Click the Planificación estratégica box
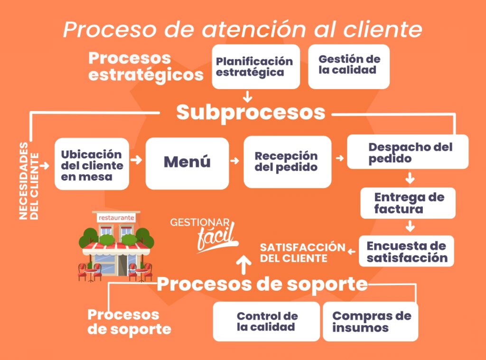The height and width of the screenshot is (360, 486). pyautogui.click(x=255, y=67)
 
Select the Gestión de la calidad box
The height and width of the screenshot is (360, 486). pyautogui.click(x=349, y=67)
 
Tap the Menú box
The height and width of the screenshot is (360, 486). pyautogui.click(x=187, y=163)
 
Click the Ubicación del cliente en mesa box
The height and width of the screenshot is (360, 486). pyautogui.click(x=92, y=164)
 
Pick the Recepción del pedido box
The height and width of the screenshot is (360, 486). pyautogui.click(x=287, y=162)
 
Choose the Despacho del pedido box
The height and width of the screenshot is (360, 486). pyautogui.click(x=407, y=152)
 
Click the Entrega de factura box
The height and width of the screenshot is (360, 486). pyautogui.click(x=408, y=203)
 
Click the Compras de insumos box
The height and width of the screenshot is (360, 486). pyautogui.click(x=370, y=321)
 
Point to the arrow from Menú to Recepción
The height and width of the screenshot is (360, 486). pyautogui.click(x=234, y=161)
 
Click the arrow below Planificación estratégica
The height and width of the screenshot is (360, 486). pyautogui.click(x=247, y=96)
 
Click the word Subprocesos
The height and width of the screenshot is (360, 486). pyautogui.click(x=251, y=113)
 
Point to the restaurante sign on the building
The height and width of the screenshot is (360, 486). pyautogui.click(x=116, y=218)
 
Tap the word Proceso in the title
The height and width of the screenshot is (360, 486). pyautogui.click(x=105, y=30)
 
